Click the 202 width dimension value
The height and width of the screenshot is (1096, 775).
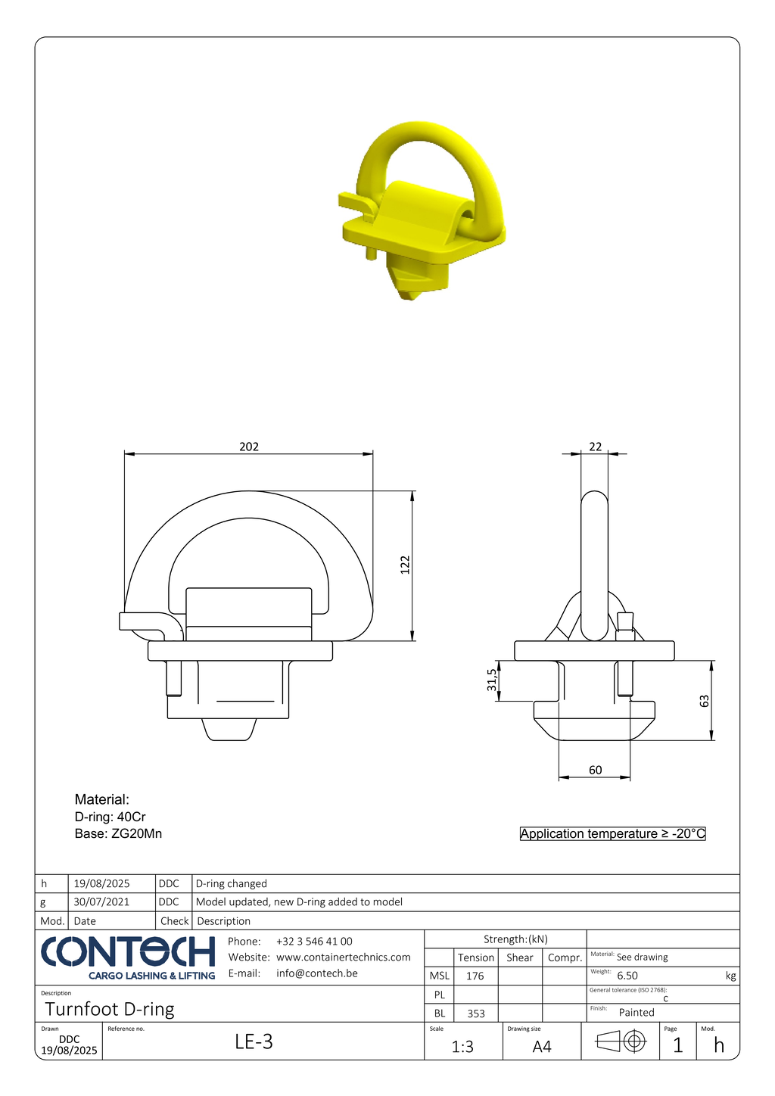(249, 447)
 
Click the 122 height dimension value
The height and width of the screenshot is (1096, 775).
(405, 565)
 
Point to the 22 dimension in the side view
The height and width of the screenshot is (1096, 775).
(596, 447)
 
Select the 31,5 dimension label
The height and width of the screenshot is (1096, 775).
(492, 680)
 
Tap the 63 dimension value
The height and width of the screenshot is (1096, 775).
(705, 701)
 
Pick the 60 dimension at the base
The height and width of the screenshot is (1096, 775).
(596, 770)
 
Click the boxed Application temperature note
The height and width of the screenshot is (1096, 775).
(612, 833)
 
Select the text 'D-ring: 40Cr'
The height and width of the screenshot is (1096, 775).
(110, 817)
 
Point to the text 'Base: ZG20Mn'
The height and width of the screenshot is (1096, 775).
(118, 833)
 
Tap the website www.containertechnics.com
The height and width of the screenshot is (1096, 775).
(344, 957)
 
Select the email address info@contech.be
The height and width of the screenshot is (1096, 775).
(316, 973)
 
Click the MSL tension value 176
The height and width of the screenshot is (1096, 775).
(475, 976)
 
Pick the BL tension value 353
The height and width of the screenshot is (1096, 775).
(476, 1013)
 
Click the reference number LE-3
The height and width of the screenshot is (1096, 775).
(254, 1042)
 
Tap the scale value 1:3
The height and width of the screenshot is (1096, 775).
(462, 1047)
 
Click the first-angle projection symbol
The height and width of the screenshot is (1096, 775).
(621, 1042)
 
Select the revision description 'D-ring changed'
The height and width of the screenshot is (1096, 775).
(232, 883)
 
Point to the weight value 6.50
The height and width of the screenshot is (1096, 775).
(627, 976)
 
